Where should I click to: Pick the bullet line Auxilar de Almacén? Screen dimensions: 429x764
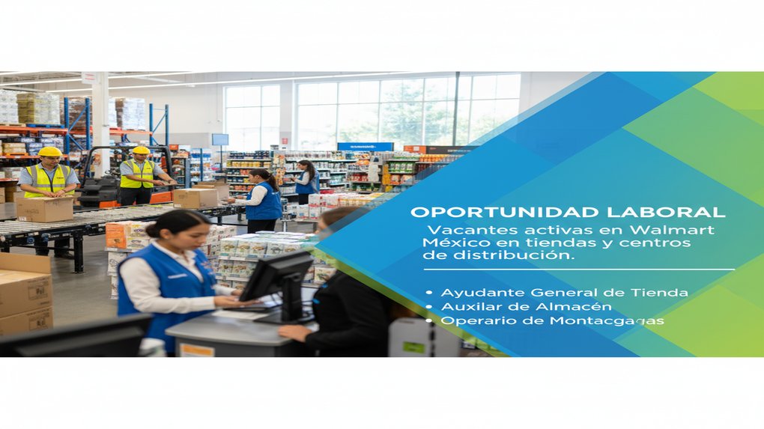[x=526, y=306]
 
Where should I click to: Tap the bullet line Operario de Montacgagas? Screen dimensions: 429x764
[x=552, y=320]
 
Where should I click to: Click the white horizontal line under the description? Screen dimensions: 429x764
[x=577, y=270]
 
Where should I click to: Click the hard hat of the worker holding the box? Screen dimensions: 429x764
[x=49, y=152]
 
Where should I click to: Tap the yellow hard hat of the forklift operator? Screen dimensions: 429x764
[x=141, y=150]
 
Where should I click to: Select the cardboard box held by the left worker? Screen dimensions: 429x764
[x=45, y=209]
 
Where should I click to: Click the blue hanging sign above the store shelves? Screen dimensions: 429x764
[x=365, y=147]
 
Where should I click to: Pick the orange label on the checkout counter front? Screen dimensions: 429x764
[x=197, y=350]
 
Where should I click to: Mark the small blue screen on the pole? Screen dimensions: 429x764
[x=219, y=139]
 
